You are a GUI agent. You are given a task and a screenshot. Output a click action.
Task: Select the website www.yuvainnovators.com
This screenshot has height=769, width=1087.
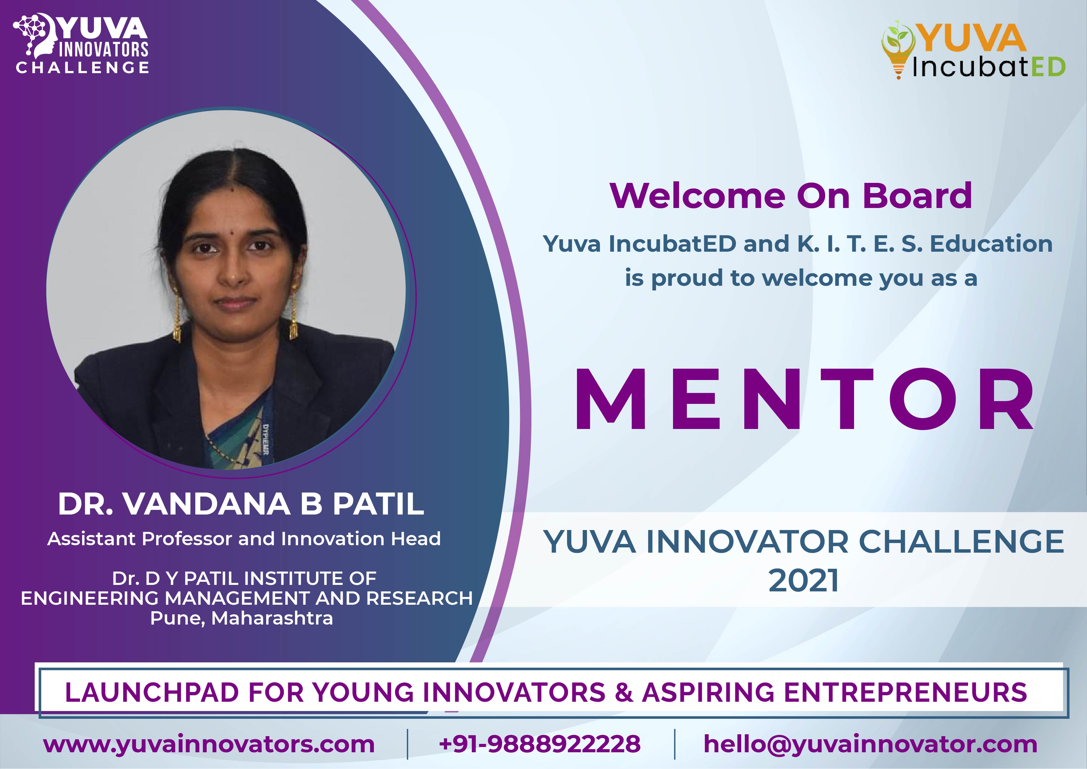point(209,745)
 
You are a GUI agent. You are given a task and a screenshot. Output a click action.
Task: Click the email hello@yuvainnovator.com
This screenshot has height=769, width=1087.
point(870,745)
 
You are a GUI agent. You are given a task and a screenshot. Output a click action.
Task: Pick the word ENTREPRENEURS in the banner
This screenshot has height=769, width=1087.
point(905,692)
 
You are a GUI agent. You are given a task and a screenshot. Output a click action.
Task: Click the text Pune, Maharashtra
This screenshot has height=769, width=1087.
point(241,618)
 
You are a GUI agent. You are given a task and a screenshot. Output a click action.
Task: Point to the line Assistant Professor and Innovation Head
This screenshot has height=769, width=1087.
point(244,539)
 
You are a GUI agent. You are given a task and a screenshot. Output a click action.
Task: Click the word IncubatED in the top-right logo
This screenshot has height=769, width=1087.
point(988,67)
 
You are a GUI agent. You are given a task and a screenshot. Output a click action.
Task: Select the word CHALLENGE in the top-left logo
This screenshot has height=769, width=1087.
point(83,67)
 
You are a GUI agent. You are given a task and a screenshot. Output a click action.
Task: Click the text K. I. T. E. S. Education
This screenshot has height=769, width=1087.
point(925,244)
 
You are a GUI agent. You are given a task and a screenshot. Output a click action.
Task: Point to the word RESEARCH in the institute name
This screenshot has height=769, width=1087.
point(420,599)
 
